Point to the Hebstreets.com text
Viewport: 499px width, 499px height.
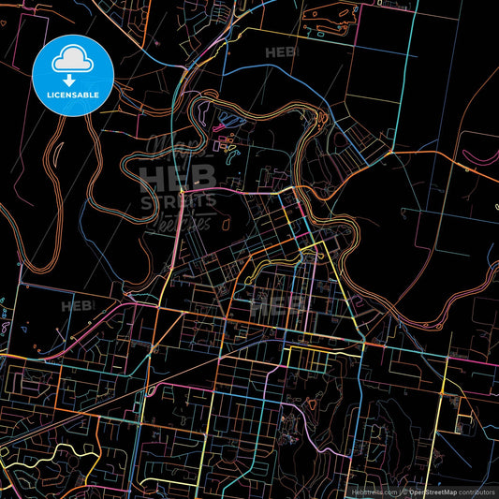(x=372, y=492)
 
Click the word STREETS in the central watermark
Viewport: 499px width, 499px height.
(x=178, y=200)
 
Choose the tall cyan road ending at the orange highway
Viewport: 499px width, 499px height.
(x=414, y=75)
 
